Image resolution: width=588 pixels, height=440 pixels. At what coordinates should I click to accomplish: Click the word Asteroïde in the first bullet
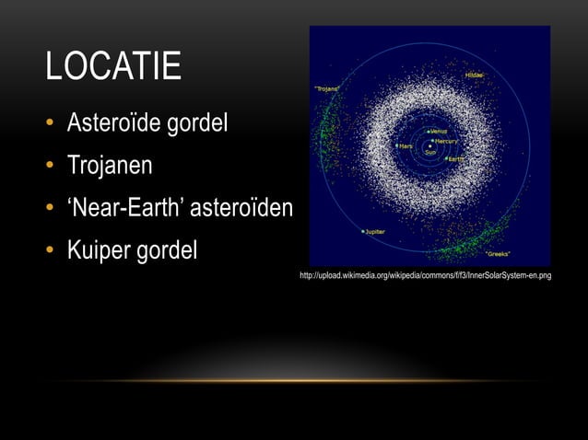click(111, 123)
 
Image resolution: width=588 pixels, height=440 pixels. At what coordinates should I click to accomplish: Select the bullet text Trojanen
click(110, 167)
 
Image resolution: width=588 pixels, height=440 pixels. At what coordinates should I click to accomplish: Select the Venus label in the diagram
click(440, 131)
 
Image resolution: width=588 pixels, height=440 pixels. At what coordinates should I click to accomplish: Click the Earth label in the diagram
click(456, 159)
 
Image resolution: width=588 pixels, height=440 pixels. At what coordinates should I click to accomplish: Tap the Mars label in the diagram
click(406, 145)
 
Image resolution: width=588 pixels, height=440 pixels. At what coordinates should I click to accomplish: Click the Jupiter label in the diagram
click(375, 232)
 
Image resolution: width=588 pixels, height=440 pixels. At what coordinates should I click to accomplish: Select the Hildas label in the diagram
click(473, 75)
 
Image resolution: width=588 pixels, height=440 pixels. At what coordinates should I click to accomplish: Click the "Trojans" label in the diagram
click(327, 88)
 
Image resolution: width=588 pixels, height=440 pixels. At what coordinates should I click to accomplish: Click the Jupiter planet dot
click(363, 231)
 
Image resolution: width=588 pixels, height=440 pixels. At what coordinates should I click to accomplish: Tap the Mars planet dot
click(396, 145)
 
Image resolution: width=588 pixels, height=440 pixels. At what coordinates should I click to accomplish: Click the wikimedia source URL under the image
click(425, 276)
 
